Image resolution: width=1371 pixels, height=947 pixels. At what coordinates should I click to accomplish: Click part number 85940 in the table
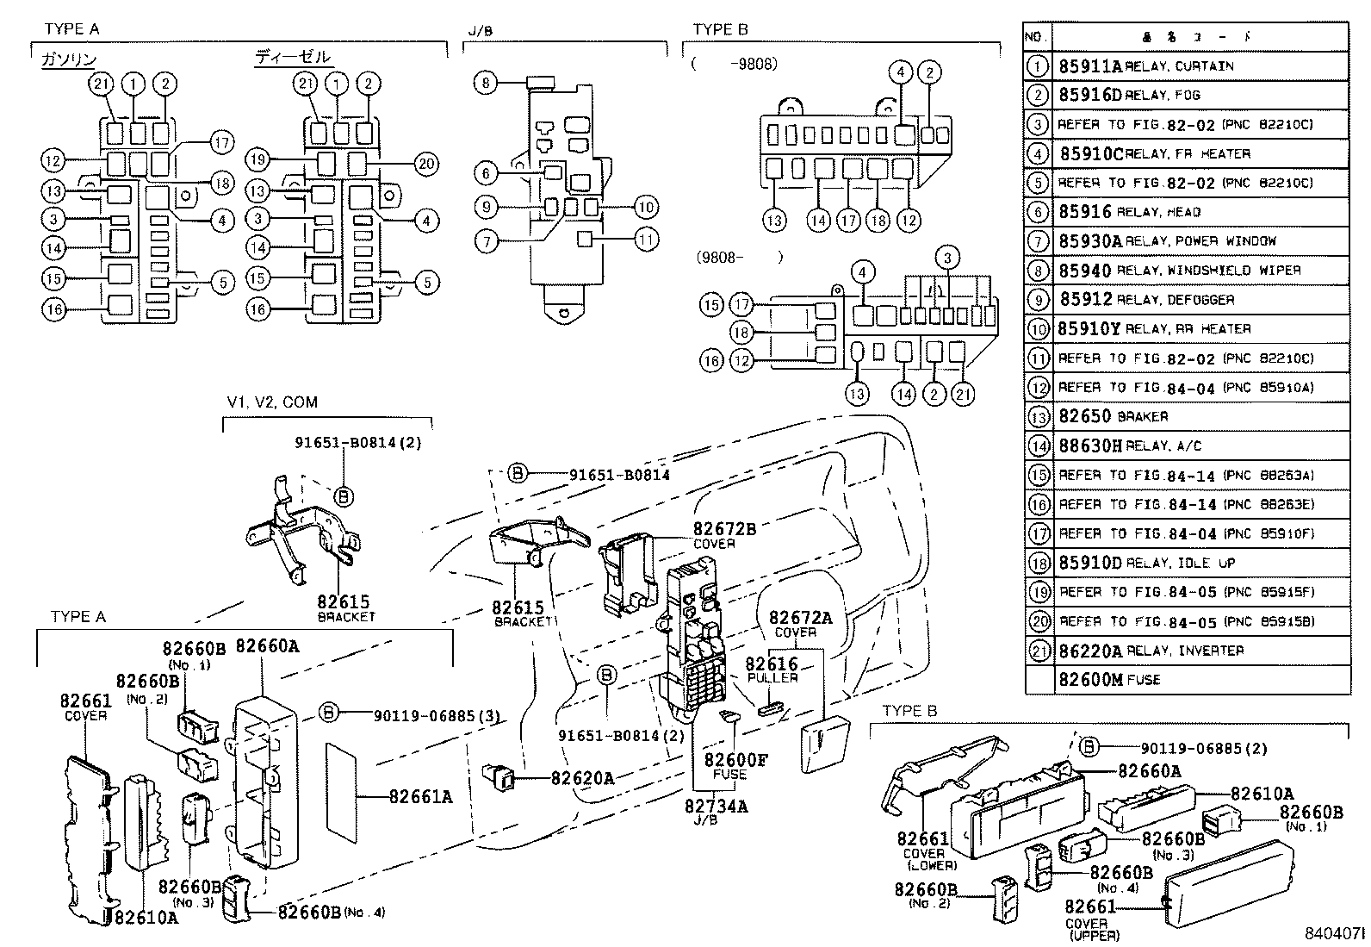pos(1084,271)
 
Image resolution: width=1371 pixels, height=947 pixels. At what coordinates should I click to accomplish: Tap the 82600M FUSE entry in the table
pos(1109,680)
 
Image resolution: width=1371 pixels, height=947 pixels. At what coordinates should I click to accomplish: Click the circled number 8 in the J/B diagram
pos(486,83)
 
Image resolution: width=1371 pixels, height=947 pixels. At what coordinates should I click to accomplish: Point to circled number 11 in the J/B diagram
pos(646,239)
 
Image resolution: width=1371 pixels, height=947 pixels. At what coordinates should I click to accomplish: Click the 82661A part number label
pos(419,797)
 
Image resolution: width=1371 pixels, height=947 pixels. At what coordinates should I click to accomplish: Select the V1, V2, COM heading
pos(272,402)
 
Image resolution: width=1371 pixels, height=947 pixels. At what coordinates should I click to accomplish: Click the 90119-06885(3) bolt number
pos(436,714)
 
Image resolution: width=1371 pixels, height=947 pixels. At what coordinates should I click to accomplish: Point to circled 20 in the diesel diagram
pos(426,164)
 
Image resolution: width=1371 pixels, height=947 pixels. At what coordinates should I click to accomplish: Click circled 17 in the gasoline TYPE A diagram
pos(221,143)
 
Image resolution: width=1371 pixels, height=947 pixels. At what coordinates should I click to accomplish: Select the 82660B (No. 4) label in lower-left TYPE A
pos(319,912)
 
